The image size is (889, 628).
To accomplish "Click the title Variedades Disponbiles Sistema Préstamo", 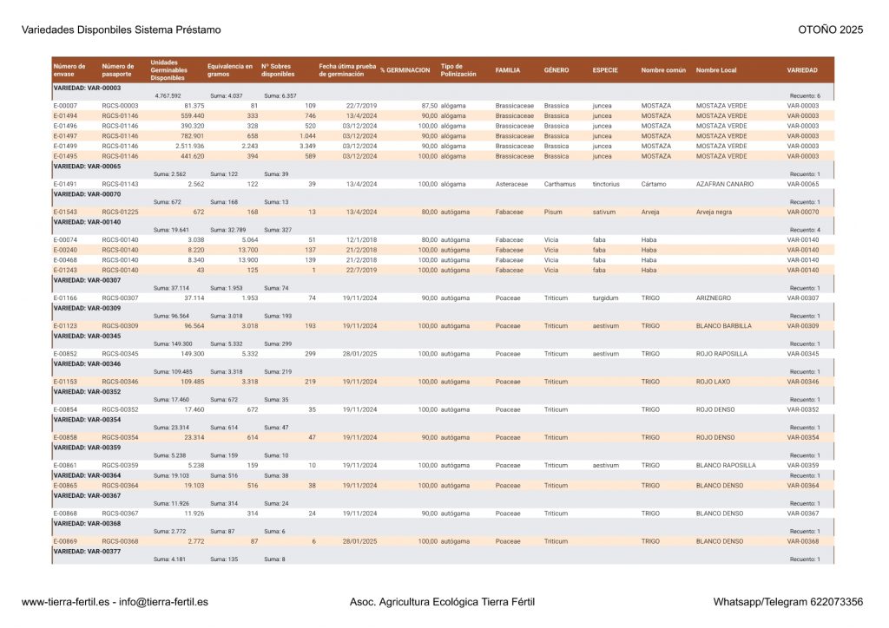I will coord(121,30).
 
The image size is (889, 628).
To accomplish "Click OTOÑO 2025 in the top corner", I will coord(830,30).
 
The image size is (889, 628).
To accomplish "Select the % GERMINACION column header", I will coord(405,70).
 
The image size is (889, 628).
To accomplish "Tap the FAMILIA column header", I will coord(508,70).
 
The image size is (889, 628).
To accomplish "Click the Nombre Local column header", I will coord(716,70).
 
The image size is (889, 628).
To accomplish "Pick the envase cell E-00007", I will coord(65,106).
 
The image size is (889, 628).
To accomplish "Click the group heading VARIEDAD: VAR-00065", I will coord(87,166).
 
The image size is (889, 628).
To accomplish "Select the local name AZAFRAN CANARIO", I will coord(724,184).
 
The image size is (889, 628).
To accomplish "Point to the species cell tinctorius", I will coord(606,184).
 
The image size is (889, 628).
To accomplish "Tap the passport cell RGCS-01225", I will coord(120,212).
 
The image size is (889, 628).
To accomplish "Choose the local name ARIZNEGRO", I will coord(714,298).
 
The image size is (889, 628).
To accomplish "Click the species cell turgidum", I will coord(605,298).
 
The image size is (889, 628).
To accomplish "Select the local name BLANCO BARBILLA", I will coord(723,326).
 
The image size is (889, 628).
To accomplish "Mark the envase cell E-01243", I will coord(65,270).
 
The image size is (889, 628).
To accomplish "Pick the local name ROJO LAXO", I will coord(713,382).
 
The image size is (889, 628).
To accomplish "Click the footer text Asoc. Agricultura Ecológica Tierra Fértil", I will coord(442,602).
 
